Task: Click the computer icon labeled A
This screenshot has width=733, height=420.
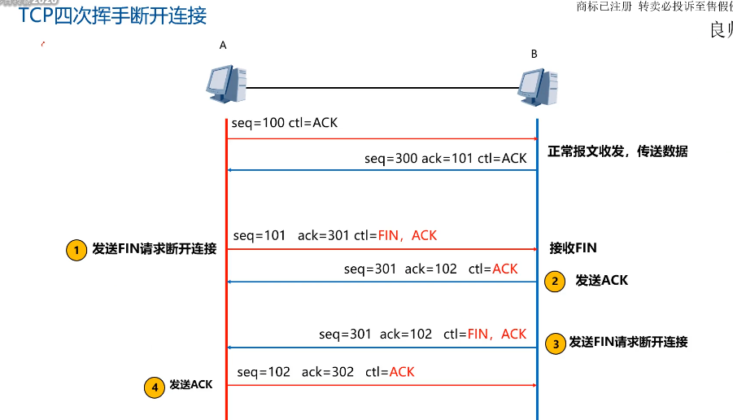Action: pyautogui.click(x=225, y=85)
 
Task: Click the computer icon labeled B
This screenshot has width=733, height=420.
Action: pyautogui.click(x=537, y=87)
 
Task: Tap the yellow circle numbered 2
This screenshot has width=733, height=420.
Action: pyautogui.click(x=555, y=281)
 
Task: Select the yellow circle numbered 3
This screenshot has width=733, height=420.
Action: pyautogui.click(x=555, y=343)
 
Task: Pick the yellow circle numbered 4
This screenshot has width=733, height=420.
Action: pyautogui.click(x=155, y=387)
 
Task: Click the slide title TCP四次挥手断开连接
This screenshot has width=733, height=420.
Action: pyautogui.click(x=112, y=15)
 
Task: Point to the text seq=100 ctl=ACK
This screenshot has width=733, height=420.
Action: pyautogui.click(x=284, y=124)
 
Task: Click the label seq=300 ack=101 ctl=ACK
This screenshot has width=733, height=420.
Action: pyautogui.click(x=445, y=158)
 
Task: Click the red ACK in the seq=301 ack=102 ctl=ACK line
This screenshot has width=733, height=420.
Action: pyautogui.click(x=504, y=269)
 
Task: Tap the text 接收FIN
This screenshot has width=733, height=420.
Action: pyautogui.click(x=573, y=248)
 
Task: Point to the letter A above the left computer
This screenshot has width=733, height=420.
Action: pyautogui.click(x=223, y=46)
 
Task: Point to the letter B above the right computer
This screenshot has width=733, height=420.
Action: pyautogui.click(x=534, y=54)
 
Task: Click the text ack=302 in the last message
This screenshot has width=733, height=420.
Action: pyautogui.click(x=328, y=372)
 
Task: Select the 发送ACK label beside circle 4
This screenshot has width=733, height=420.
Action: pyautogui.click(x=190, y=385)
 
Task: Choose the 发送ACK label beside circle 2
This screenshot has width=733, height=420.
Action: pyautogui.click(x=601, y=281)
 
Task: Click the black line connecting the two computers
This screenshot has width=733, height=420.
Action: pyautogui.click(x=382, y=87)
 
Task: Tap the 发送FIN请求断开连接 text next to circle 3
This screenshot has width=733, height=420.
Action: pyautogui.click(x=628, y=342)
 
